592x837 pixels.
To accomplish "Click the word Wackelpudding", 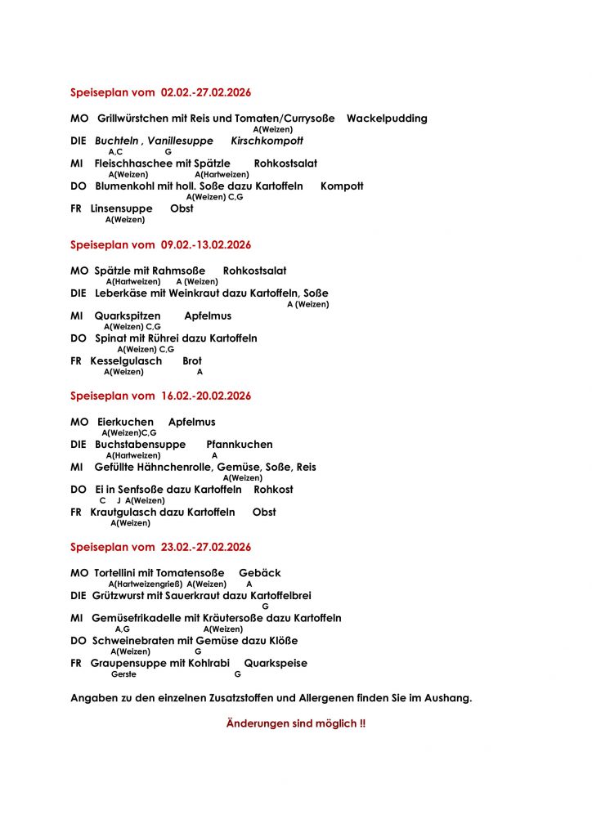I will tap(387, 119).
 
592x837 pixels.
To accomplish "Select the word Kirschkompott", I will tap(267, 141).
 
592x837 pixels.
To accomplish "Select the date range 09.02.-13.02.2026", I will tap(206, 244).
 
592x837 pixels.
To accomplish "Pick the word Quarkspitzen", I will tap(128, 316).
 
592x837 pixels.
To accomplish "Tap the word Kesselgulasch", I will tap(126, 360).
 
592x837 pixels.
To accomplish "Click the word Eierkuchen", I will tap(124, 422).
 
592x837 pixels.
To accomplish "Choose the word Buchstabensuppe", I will tap(140, 445).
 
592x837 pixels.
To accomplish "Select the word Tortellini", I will tap(120, 573).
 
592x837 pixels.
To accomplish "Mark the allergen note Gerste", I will tap(123, 674).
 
